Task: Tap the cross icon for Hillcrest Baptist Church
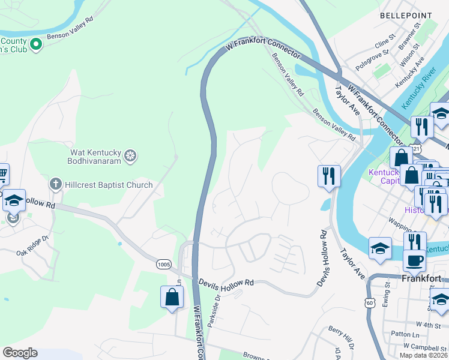[x=55, y=184]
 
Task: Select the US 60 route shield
[x=370, y=304]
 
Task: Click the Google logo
[x=20, y=353]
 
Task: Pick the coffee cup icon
[x=414, y=260]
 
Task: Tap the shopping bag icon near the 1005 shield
[x=172, y=297]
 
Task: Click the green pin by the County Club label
[x=35, y=44]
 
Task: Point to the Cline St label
[x=385, y=44]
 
